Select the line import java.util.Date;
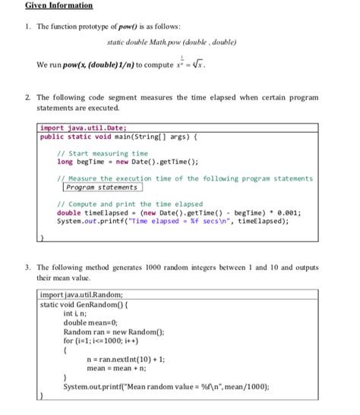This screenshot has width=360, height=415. click(x=84, y=128)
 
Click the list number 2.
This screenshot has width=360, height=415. click(x=26, y=99)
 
